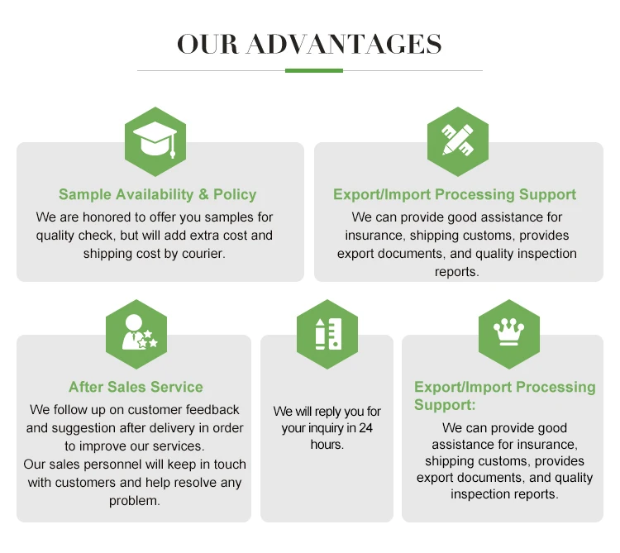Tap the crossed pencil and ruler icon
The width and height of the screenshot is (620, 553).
pos(457,140)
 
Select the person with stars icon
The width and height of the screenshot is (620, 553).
pos(138,332)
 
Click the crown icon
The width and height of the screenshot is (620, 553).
pos(509,331)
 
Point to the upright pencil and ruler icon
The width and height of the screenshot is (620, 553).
pos(328,334)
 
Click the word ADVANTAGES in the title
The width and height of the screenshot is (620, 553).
pos(344,44)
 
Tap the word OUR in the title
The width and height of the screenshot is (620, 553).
pos(207,44)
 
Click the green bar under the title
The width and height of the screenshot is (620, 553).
pos(314,71)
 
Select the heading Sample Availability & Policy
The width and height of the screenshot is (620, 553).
pos(157,194)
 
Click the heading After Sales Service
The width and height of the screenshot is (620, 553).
pos(136,387)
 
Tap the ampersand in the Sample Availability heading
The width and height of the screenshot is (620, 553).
pos(203,194)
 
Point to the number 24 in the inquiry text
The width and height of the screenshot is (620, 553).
pos(366,427)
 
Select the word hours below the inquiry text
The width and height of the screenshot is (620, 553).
pos(327,444)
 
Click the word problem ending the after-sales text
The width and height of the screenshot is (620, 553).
pos(135,501)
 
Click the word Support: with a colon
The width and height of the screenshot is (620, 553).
pos(445,405)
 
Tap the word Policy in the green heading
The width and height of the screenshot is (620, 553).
pos(235,194)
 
